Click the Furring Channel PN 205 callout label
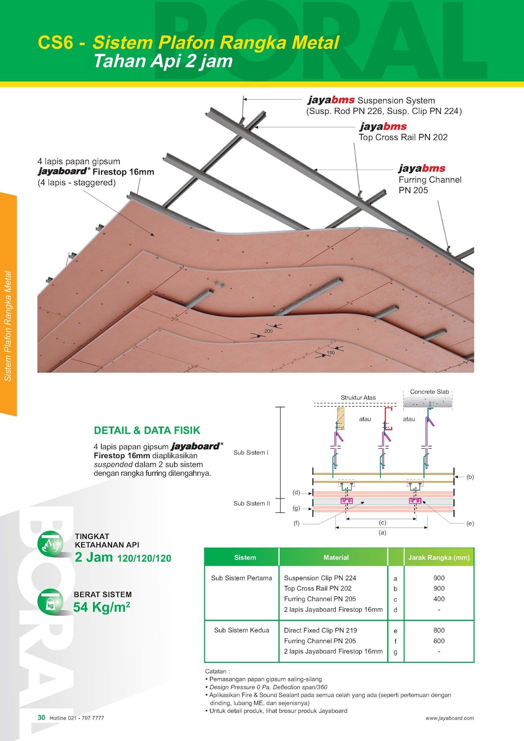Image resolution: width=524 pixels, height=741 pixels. pyautogui.click(x=429, y=180)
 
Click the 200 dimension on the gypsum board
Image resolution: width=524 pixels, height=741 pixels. pyautogui.click(x=268, y=331)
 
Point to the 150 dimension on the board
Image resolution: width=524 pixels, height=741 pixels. pyautogui.click(x=330, y=353)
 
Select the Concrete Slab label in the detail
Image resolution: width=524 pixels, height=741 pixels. pyautogui.click(x=429, y=392)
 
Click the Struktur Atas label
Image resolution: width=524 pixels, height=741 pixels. pyautogui.click(x=358, y=398)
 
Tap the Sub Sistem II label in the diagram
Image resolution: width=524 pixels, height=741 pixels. pyautogui.click(x=252, y=503)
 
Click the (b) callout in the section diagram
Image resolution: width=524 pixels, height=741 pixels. pyautogui.click(x=470, y=477)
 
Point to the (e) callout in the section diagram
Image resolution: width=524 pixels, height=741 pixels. pyautogui.click(x=470, y=524)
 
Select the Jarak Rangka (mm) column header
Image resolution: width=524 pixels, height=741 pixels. pyautogui.click(x=438, y=558)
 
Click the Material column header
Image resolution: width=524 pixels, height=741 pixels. pyautogui.click(x=336, y=558)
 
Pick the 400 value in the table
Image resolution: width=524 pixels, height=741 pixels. pyautogui.click(x=439, y=599)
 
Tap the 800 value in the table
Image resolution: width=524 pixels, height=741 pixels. pyautogui.click(x=439, y=630)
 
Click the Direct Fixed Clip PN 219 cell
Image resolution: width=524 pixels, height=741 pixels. pyautogui.click(x=320, y=630)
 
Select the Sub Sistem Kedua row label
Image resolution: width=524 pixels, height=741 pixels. pyautogui.click(x=241, y=630)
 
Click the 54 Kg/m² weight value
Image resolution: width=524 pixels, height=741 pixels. pyautogui.click(x=101, y=607)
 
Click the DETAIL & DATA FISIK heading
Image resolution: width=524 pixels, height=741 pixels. pyautogui.click(x=147, y=431)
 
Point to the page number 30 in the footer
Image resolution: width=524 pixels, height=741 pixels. pyautogui.click(x=41, y=717)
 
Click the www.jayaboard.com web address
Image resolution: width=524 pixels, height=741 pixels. pyautogui.click(x=449, y=718)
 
